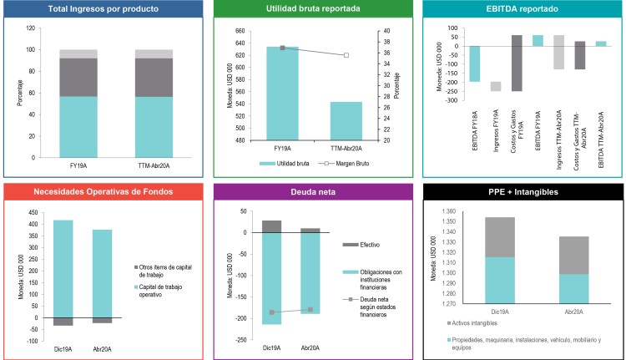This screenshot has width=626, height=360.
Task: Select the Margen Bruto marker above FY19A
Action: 282,48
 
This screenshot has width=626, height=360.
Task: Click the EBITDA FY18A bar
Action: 475,63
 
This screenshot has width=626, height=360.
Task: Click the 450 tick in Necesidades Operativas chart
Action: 36,210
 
